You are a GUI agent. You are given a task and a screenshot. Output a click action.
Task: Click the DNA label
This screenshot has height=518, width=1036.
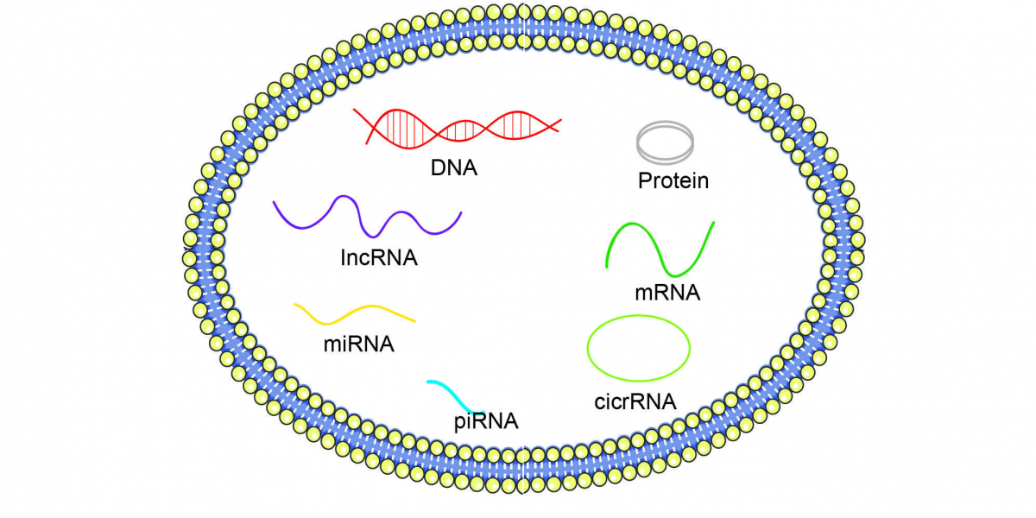[454, 167]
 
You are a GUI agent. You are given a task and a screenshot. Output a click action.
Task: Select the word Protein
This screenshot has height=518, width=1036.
[673, 181]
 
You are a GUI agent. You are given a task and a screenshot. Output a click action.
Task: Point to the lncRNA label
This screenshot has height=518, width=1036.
[380, 257]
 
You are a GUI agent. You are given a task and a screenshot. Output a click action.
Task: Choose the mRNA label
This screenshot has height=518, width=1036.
[666, 293]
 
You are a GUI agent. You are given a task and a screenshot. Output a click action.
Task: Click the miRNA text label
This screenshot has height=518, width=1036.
[358, 344]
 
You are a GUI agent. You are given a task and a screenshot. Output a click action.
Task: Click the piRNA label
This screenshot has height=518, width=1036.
[486, 421]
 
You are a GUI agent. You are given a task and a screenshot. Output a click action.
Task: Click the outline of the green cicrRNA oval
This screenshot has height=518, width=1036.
[588, 349]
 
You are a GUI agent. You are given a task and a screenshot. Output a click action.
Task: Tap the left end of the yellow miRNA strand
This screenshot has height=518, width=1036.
[295, 304]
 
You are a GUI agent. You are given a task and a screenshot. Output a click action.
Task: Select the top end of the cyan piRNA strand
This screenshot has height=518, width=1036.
[429, 382]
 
